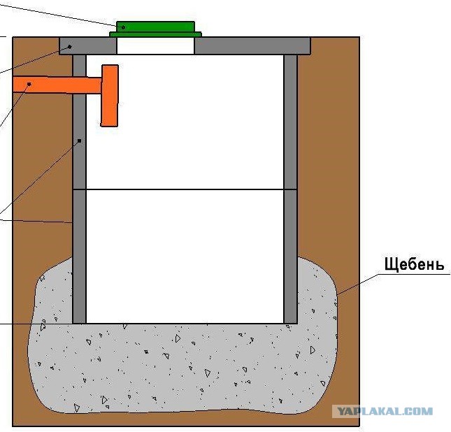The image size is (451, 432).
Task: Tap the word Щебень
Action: tap(414, 264)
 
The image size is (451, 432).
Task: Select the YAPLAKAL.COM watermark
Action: tap(385, 411)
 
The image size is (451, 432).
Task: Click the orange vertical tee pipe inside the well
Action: tap(109, 96)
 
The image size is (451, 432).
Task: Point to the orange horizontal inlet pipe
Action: tap(57, 85)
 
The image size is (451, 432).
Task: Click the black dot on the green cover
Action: tap(124, 27)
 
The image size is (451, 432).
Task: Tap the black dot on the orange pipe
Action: tap(29, 84)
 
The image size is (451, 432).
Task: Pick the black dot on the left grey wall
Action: tap(80, 141)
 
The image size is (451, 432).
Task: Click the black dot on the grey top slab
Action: tap(70, 46)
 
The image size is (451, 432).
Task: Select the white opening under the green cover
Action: tap(155, 45)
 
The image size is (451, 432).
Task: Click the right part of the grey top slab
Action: tap(252, 45)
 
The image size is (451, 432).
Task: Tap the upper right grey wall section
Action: tap(290, 122)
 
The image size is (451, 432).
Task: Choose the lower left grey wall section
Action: tap(79, 257)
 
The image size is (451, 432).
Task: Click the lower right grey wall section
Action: tap(290, 257)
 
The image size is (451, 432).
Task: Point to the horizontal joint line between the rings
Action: tap(185, 189)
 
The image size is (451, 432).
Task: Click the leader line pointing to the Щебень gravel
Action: tap(358, 285)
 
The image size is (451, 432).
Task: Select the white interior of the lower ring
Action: tap(185, 257)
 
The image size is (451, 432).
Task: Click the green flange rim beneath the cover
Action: tap(155, 34)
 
